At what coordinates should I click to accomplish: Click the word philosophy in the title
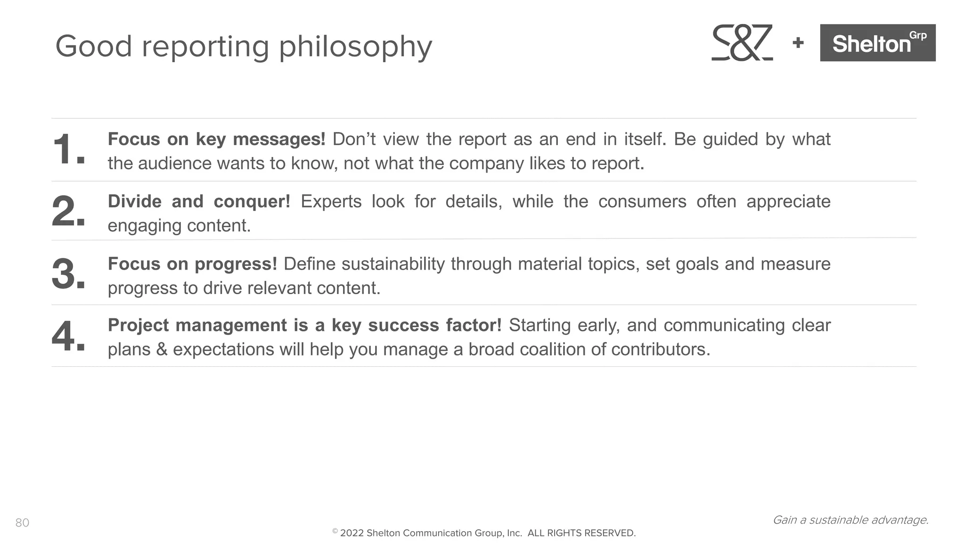(355, 47)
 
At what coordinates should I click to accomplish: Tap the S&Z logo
(742, 43)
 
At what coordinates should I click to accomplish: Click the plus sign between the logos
(798, 43)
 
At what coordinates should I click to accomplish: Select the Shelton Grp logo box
(877, 43)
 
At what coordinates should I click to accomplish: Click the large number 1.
(68, 150)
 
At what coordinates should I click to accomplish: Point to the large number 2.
(68, 212)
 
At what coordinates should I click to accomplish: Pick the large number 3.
(68, 274)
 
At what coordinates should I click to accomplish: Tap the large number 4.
(68, 337)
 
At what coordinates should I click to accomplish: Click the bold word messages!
(279, 140)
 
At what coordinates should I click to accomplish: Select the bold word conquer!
(252, 202)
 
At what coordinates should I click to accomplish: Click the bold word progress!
(236, 264)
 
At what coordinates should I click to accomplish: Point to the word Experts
(331, 202)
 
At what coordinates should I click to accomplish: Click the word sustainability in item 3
(393, 264)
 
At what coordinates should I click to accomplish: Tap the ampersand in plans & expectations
(162, 350)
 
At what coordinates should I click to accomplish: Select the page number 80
(22, 523)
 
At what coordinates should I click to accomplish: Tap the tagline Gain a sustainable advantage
(851, 520)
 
